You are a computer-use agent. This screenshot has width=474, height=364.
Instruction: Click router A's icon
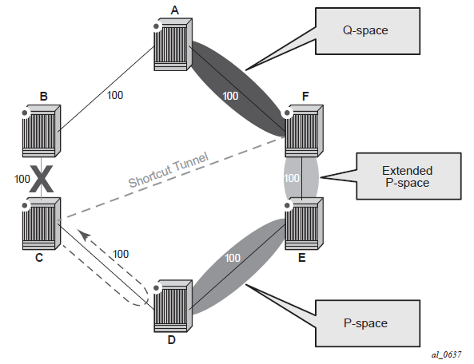(x=173, y=45)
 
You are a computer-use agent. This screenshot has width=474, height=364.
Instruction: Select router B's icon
(x=42, y=131)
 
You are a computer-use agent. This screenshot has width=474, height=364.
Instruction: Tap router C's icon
(x=42, y=224)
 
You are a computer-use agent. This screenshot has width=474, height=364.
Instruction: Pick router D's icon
(x=173, y=306)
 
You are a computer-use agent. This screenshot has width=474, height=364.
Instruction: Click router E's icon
(x=304, y=224)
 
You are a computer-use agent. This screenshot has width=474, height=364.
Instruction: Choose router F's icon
(x=304, y=131)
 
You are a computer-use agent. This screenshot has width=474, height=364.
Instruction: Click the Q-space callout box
(x=368, y=31)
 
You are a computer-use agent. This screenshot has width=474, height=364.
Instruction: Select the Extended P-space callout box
(x=408, y=176)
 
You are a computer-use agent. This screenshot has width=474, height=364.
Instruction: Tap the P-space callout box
(x=368, y=323)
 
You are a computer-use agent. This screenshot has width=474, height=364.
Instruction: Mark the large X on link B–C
(x=42, y=179)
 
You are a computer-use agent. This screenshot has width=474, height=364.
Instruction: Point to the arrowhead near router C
(x=84, y=234)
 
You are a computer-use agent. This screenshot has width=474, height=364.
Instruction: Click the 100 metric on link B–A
(x=115, y=95)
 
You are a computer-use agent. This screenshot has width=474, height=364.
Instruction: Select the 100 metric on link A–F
(x=230, y=96)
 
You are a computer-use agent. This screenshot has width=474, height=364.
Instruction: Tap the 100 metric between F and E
(x=292, y=178)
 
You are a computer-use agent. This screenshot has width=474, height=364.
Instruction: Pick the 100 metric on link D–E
(x=233, y=258)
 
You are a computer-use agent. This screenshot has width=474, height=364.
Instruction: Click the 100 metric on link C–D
(x=121, y=254)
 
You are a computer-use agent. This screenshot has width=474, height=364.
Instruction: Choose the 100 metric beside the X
(x=22, y=179)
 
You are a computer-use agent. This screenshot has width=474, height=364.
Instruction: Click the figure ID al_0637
(x=446, y=354)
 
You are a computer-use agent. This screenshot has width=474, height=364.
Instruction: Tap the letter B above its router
(x=43, y=97)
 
